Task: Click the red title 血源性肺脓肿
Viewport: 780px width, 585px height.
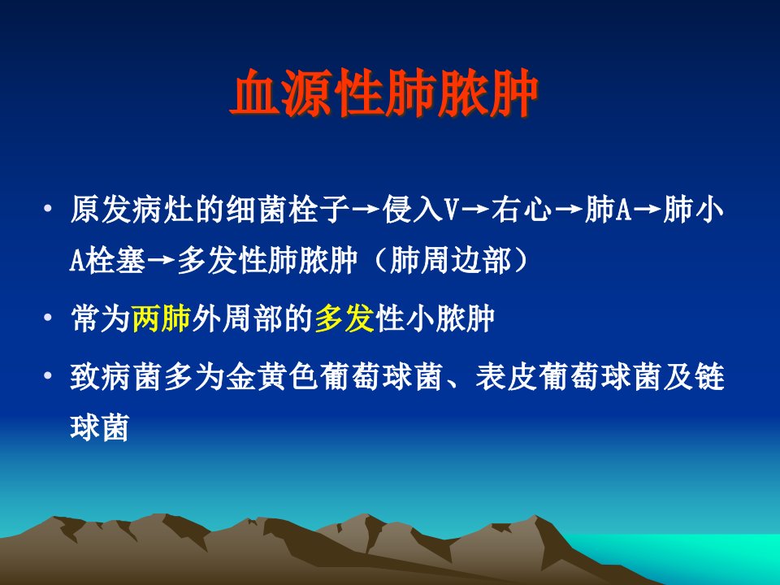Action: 384,93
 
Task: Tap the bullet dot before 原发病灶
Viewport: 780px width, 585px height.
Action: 48,208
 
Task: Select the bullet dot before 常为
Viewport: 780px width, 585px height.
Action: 48,317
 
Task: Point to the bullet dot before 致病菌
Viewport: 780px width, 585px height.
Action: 48,375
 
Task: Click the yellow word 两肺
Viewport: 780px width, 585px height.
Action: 162,318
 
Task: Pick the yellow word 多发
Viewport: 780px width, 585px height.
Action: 344,318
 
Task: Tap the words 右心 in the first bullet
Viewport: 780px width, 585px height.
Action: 522,209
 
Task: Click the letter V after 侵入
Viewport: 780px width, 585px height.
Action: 451,210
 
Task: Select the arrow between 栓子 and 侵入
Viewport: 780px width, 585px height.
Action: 366,210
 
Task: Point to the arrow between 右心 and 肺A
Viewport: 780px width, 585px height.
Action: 569,210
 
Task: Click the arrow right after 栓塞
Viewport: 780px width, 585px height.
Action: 161,261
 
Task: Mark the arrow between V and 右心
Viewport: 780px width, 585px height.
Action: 475,210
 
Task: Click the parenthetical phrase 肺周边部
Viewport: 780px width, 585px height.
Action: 450,260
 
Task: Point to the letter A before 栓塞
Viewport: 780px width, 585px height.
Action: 76,261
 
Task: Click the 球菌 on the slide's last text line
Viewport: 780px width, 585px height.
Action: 99,427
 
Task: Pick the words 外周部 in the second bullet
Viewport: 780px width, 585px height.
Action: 238,318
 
